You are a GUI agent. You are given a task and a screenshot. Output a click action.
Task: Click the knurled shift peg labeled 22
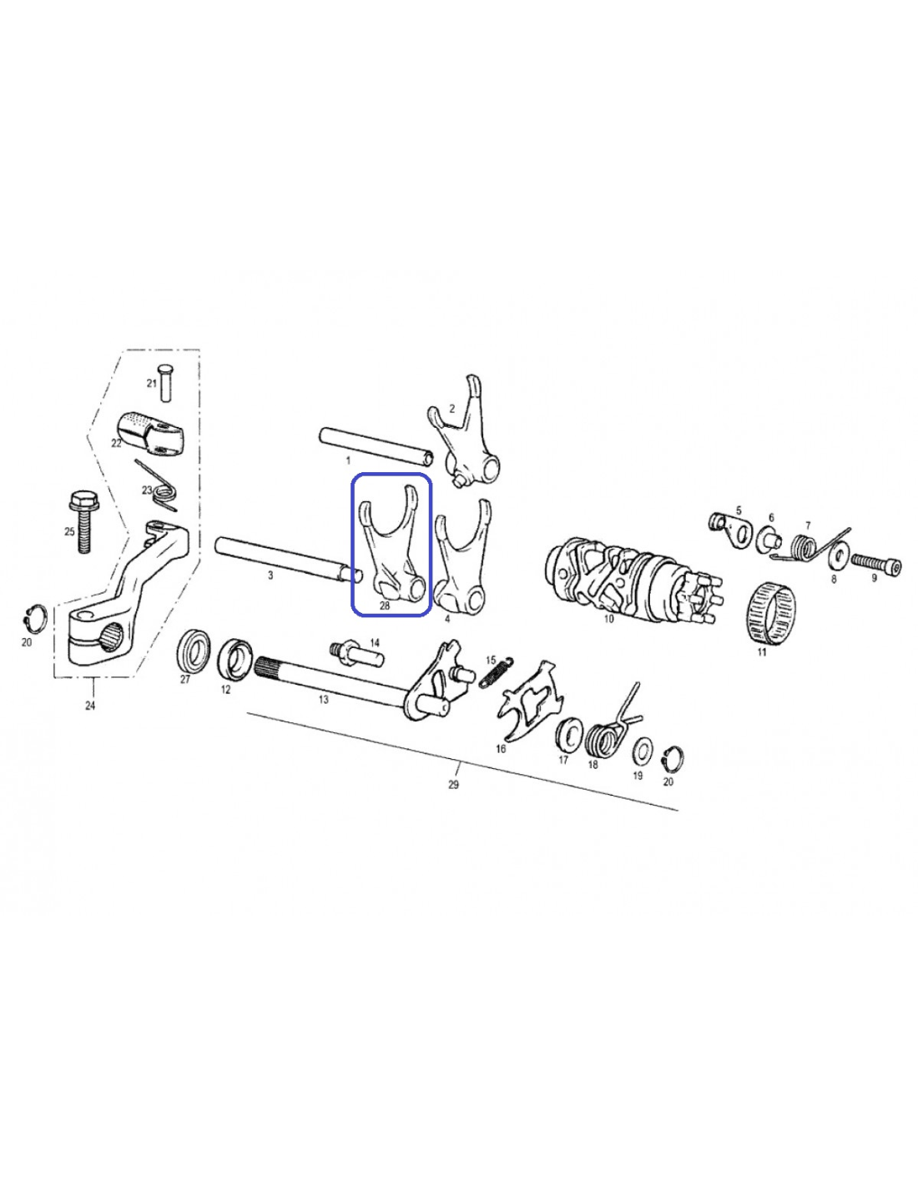150,435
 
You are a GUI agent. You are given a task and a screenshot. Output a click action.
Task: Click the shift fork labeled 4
462,556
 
